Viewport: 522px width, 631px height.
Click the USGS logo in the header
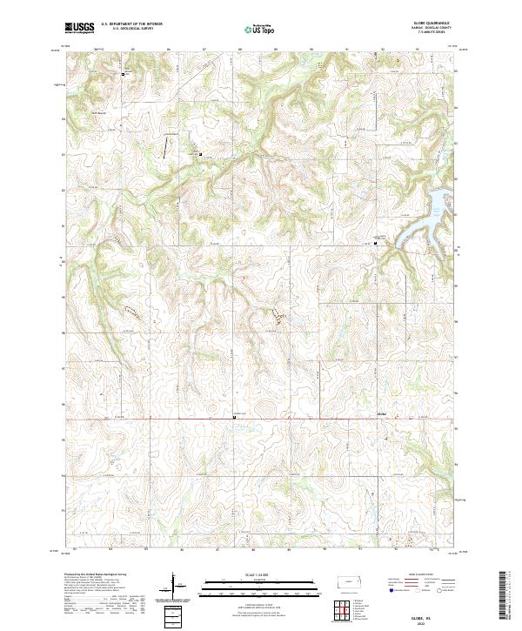click(79, 28)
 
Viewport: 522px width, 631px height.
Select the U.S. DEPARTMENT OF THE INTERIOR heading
click(131, 24)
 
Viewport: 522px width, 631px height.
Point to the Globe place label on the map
click(381, 413)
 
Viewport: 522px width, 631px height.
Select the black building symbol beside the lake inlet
click(376, 245)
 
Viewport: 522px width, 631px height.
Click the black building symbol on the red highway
click(235, 418)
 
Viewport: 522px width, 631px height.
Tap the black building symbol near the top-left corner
click(124, 75)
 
